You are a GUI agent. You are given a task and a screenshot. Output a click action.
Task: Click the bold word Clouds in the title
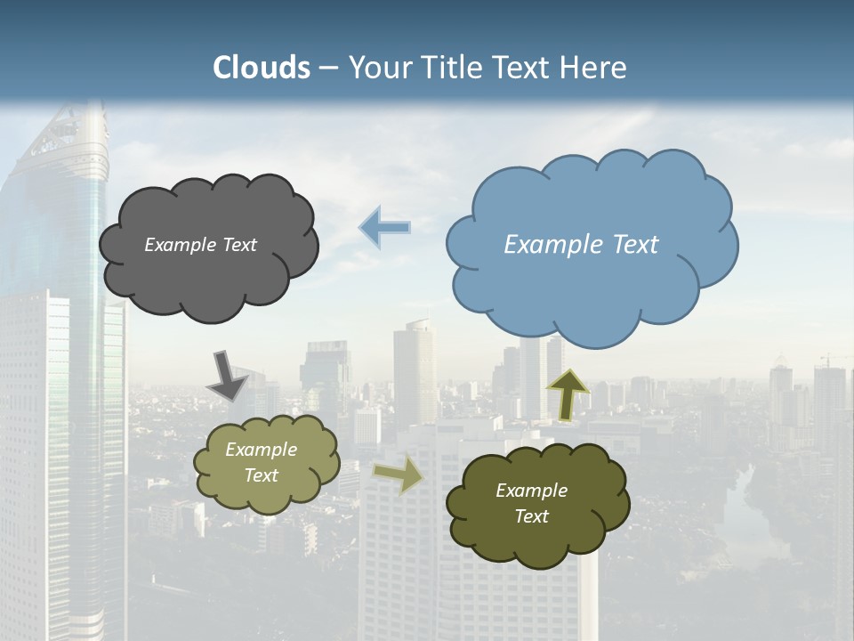262,68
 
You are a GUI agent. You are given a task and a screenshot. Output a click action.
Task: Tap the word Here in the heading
594,68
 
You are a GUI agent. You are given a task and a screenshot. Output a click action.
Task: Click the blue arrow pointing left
384,228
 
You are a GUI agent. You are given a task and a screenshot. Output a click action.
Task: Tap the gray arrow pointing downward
227,375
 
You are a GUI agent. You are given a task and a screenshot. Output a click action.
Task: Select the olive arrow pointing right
399,475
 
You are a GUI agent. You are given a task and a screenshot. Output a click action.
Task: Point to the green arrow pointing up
568,394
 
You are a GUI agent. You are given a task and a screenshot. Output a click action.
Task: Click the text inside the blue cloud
581,245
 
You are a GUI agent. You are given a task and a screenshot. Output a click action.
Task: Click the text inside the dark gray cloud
200,245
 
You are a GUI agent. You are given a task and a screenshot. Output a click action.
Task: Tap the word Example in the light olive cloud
261,450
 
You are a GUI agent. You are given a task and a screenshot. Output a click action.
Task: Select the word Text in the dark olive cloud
531,516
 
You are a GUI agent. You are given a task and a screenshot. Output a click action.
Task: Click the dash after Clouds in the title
328,68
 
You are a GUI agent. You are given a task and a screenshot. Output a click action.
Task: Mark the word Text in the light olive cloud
261,475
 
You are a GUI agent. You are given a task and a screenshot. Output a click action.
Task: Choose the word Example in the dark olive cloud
531,491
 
